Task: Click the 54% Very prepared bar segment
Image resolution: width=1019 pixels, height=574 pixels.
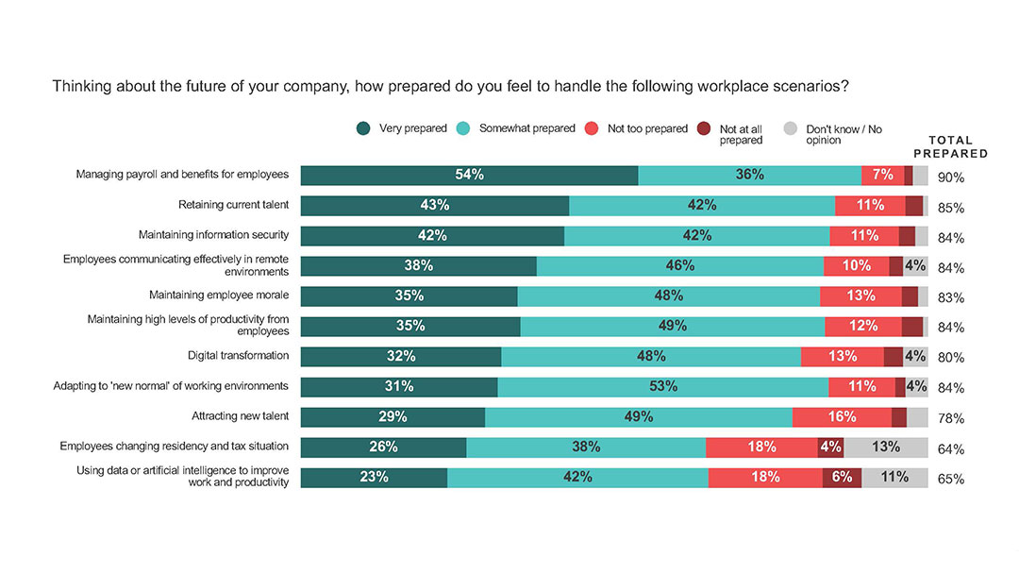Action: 469,175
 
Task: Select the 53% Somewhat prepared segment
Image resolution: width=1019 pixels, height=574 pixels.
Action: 662,386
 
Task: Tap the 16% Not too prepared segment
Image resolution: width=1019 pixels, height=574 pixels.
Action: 842,416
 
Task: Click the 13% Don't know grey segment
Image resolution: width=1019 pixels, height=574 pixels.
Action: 886,447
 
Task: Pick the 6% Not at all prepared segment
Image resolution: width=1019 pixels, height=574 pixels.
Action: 842,477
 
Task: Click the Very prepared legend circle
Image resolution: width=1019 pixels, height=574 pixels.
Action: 363,129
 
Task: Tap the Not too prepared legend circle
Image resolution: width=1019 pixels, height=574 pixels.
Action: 592,129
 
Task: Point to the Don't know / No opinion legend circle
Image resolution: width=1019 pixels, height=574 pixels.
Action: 791,129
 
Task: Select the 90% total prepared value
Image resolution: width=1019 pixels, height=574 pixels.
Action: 951,177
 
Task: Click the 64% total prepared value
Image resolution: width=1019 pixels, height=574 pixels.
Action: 951,449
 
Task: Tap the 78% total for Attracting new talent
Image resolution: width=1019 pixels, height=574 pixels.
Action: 951,419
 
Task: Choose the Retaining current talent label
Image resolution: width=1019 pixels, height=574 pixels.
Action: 233,204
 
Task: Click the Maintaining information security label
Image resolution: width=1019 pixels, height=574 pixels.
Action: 213,234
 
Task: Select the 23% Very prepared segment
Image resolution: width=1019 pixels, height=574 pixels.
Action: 374,477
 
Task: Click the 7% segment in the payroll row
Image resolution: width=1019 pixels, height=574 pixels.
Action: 882,175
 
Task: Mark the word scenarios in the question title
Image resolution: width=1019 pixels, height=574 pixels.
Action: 813,86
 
